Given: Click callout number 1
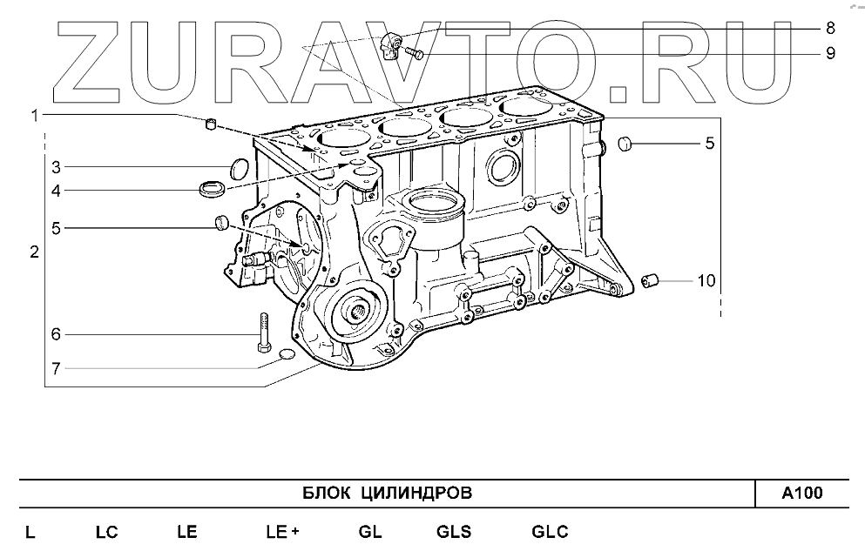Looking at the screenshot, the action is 35,115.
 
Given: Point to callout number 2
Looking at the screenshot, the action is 34,253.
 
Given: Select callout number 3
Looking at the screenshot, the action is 54,166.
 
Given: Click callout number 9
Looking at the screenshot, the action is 830,53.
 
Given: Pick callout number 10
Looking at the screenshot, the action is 706,280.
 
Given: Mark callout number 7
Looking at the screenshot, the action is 54,368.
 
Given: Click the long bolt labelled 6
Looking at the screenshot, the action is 264,333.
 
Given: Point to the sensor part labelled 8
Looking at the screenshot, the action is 395,40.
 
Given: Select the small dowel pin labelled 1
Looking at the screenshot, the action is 211,124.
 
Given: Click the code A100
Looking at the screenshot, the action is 801,494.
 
